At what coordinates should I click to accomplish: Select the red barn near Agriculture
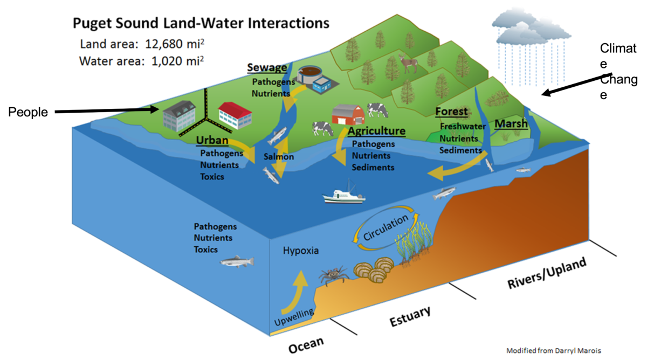click(348, 114)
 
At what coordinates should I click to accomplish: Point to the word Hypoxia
click(301, 251)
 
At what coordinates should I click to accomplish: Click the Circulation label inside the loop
click(386, 229)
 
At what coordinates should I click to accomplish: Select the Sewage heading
click(267, 67)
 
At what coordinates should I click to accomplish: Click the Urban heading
click(212, 141)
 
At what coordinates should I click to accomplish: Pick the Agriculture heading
click(376, 131)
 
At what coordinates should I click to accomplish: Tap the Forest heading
click(451, 112)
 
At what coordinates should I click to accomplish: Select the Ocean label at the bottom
click(306, 345)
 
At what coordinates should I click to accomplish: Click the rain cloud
click(520, 27)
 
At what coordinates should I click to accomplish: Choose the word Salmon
click(279, 157)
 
